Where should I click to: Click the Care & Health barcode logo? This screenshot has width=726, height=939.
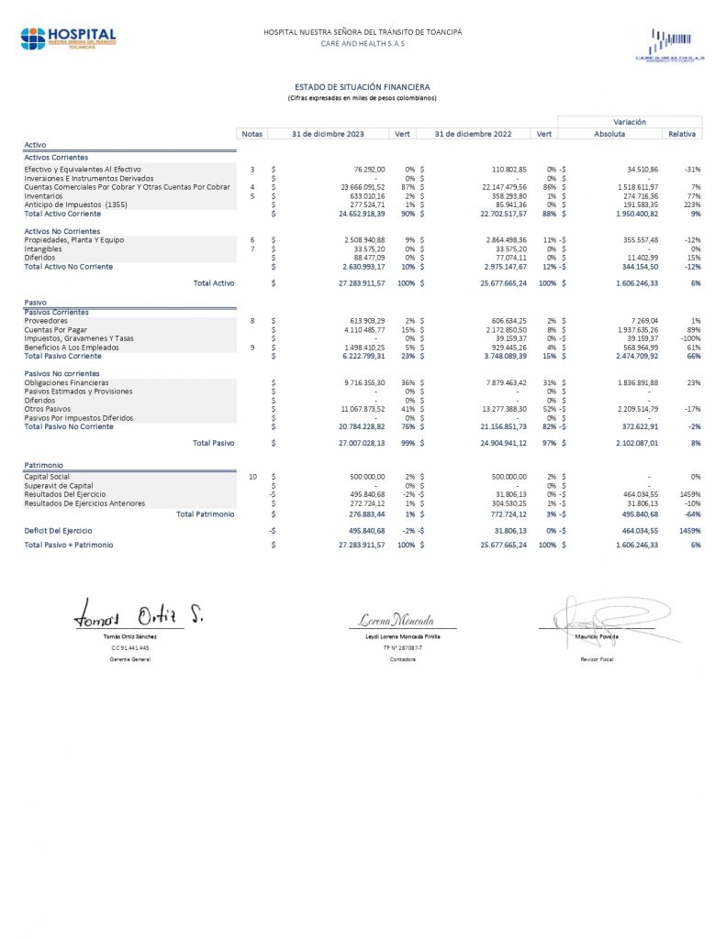[669, 45]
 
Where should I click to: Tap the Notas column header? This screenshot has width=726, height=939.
[251, 134]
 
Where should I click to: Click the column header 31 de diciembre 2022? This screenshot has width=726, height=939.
[473, 134]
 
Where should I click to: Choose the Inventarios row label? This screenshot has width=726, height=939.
[44, 195]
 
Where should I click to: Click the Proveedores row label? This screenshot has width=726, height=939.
[46, 320]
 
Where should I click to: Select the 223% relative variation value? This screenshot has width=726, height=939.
[692, 204]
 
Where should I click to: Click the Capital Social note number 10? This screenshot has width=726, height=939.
[252, 477]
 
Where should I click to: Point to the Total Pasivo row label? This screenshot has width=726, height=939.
[213, 443]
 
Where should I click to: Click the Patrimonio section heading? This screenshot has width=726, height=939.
[44, 466]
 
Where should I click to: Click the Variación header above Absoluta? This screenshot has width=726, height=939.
[629, 121]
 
